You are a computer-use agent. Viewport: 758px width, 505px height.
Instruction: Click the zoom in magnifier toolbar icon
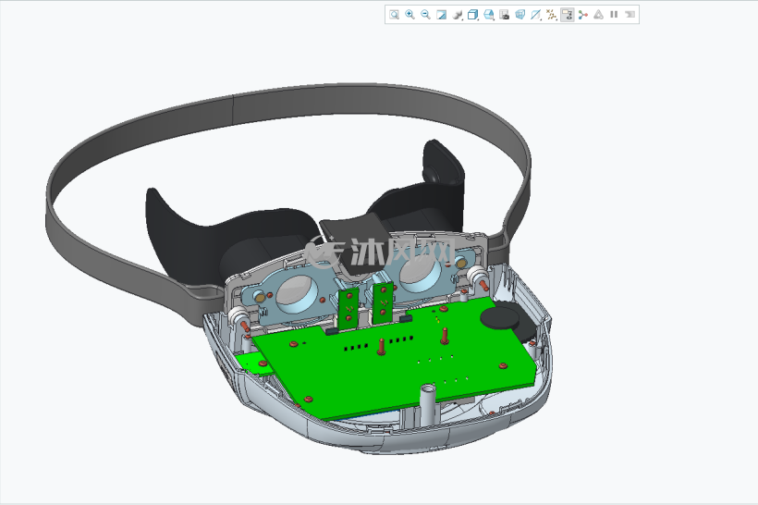[410, 15]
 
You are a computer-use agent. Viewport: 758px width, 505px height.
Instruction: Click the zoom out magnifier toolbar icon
[425, 15]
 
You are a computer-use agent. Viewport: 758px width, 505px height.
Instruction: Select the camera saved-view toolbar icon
[504, 15]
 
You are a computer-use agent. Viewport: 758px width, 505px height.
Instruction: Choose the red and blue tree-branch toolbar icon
[583, 15]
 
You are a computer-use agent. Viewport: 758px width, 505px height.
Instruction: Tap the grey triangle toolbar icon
[598, 15]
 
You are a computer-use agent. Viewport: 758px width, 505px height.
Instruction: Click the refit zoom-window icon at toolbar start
[395, 15]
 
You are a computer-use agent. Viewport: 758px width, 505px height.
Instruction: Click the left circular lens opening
[297, 293]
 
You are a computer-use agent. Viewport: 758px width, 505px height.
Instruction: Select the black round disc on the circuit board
[500, 318]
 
